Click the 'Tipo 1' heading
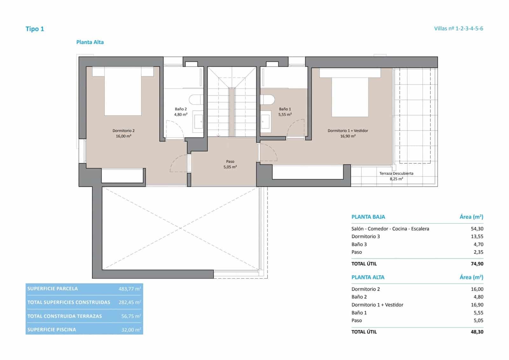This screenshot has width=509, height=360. (x=35, y=29)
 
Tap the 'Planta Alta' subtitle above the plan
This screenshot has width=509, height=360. (x=90, y=42)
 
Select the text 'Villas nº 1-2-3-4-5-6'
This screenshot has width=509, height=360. (x=458, y=28)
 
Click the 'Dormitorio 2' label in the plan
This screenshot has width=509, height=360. (x=123, y=131)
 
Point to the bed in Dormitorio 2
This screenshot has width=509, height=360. (x=123, y=92)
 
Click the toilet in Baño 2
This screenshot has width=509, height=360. (x=196, y=100)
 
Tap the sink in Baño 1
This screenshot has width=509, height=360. (x=266, y=122)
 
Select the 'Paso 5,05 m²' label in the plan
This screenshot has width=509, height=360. (x=230, y=164)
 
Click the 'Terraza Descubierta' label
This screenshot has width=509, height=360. (x=396, y=173)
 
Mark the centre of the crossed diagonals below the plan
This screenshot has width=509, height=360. (x=180, y=228)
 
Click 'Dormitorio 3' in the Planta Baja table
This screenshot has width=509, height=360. (x=366, y=236)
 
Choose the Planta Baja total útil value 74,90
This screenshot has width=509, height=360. (x=477, y=264)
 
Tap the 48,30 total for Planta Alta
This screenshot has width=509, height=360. (x=477, y=332)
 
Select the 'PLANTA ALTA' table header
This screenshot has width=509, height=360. (x=368, y=277)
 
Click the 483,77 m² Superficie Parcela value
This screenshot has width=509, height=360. (x=129, y=289)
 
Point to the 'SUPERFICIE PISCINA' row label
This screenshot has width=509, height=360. (x=52, y=329)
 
